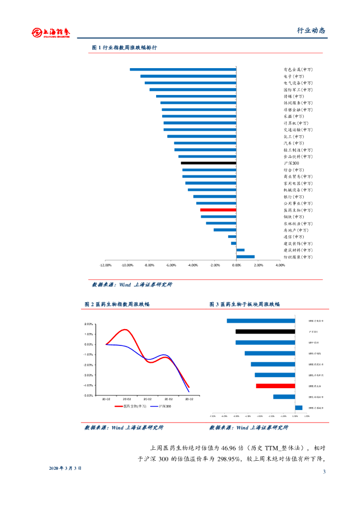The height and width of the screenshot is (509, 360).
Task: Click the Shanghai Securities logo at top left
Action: [x=51, y=32]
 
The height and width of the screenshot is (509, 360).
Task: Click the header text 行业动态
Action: [x=311, y=30]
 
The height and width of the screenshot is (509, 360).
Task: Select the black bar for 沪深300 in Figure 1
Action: [x=208, y=163]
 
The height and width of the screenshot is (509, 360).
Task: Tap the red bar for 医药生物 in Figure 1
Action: [x=218, y=210]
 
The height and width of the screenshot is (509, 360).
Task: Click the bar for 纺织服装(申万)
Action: [x=245, y=257]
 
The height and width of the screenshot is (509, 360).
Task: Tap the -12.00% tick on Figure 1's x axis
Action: [x=105, y=265]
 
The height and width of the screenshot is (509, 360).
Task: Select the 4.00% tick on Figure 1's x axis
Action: [x=280, y=265]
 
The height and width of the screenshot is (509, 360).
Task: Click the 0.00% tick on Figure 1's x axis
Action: [x=236, y=265]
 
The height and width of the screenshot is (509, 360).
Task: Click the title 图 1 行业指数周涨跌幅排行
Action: [x=124, y=48]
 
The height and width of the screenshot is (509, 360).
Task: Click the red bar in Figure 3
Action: [x=275, y=386]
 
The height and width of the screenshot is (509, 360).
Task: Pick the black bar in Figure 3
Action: [x=265, y=332]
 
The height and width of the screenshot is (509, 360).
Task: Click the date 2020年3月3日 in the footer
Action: [x=65, y=468]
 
